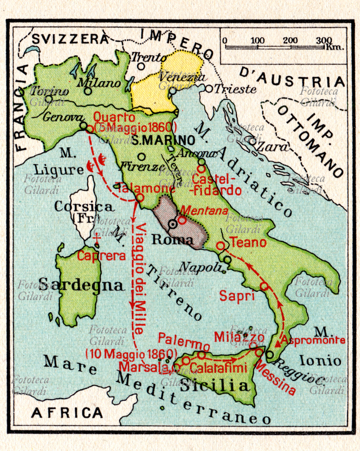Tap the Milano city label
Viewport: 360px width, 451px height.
99,82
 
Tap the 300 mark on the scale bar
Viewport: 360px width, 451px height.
323,40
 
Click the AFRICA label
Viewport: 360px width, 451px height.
67,413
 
